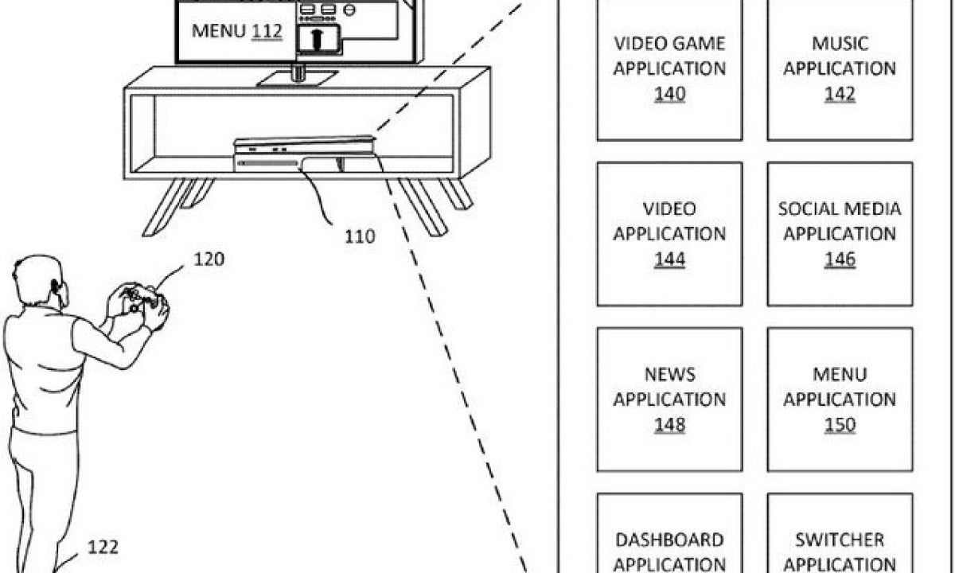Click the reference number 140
(670, 94)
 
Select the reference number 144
(670, 259)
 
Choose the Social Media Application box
(840, 234)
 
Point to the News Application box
(670, 400)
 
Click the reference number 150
(840, 425)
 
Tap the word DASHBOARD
(670, 540)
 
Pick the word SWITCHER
(840, 540)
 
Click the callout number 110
(360, 236)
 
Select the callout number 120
(209, 259)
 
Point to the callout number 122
(103, 547)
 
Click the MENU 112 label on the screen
(237, 31)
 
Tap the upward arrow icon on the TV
(317, 39)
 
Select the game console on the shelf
(306, 154)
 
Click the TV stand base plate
(298, 79)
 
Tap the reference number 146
(840, 259)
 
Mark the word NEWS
(670, 374)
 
